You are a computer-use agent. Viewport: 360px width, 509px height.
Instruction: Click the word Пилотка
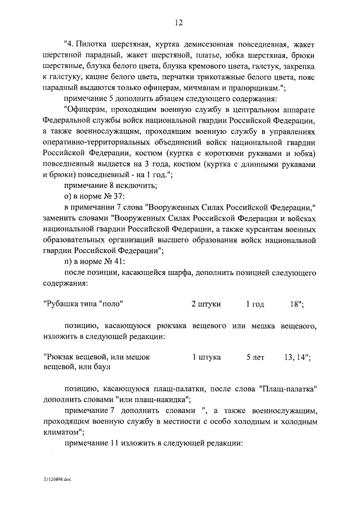point(92,43)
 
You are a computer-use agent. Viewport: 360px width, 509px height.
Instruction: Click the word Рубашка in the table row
point(62,304)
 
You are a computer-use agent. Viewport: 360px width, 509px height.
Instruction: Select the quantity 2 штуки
point(206,304)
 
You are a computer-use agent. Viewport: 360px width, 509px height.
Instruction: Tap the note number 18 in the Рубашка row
point(294,304)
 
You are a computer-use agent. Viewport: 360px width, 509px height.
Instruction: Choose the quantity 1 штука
point(206,357)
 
